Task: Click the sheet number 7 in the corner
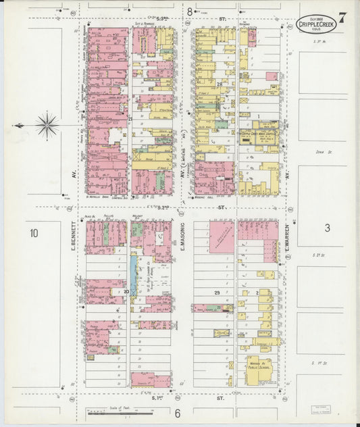click(343, 18)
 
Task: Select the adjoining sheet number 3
click(326, 228)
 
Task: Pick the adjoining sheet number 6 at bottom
click(178, 413)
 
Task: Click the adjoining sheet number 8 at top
click(190, 11)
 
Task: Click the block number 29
click(217, 292)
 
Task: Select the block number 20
click(126, 291)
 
